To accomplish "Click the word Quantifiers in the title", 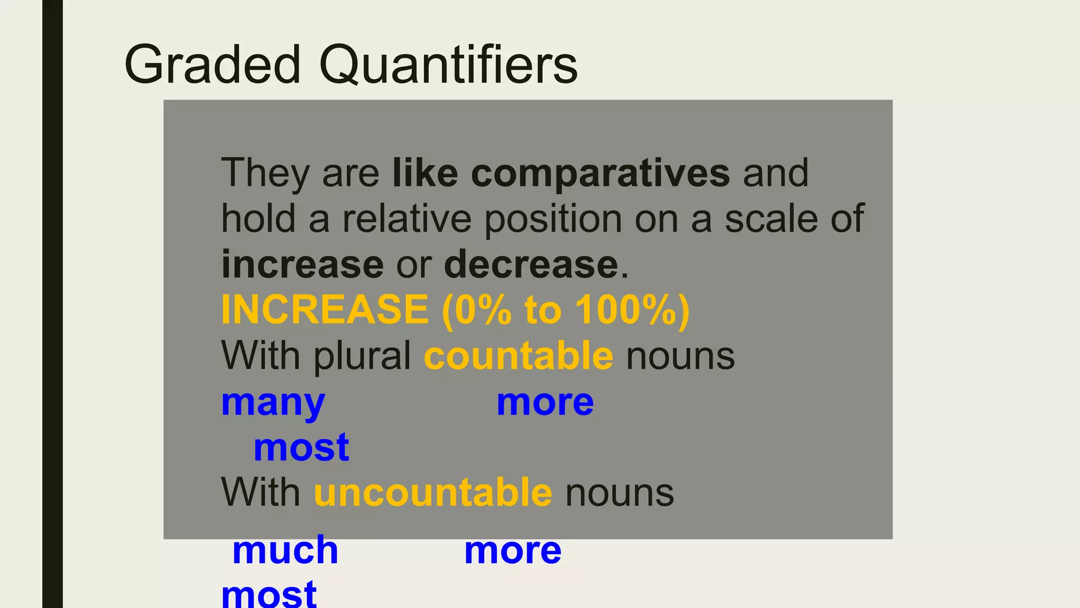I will (448, 64).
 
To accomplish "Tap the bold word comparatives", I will (600, 173).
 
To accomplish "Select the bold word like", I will (425, 173).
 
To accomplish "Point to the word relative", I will (407, 218).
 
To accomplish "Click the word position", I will (553, 218).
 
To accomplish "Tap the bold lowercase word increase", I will (302, 264).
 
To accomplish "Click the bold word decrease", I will (531, 264).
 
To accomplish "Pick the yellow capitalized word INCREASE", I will (325, 310).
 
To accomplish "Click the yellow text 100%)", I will (632, 310).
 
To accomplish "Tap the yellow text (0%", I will (477, 310).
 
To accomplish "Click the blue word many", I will (273, 403).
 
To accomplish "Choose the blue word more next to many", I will (545, 403).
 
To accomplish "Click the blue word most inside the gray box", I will (301, 448).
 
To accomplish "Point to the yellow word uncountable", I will (433, 492).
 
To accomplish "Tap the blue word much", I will (285, 550).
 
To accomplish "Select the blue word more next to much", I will (513, 550).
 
